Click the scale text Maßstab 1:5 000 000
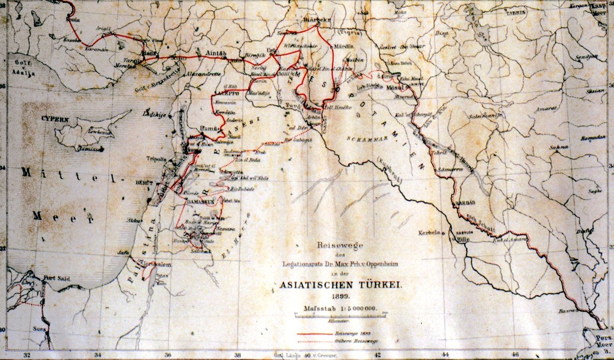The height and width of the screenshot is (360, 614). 340,308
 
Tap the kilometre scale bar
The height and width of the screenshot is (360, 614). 340,316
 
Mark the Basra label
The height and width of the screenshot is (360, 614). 568,310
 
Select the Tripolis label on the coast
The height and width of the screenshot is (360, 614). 157,159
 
